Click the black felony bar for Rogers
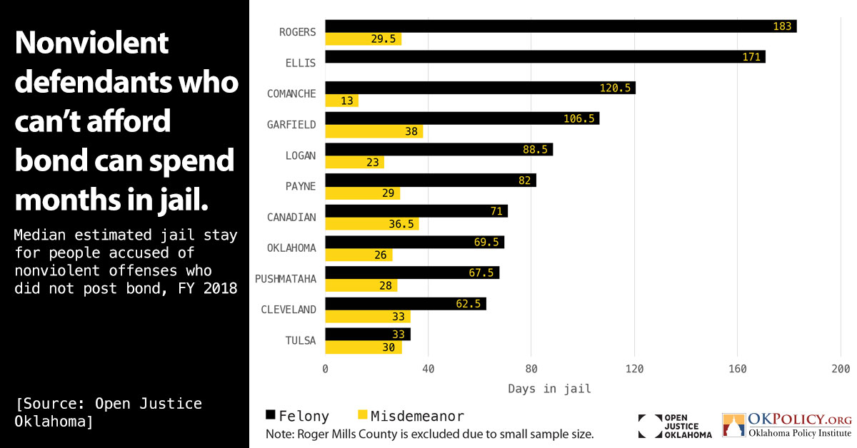561,26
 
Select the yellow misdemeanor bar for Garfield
374,131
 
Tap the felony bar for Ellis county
545,57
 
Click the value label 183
783,26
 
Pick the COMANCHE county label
291,93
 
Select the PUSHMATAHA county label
286,278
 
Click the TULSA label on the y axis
300,340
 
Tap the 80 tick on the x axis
531,369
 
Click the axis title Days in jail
549,389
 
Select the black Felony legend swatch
270,415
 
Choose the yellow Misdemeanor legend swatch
361,415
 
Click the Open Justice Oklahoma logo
675,426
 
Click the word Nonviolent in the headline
91,44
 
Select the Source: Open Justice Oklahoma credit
108,412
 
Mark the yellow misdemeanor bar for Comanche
341,101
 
